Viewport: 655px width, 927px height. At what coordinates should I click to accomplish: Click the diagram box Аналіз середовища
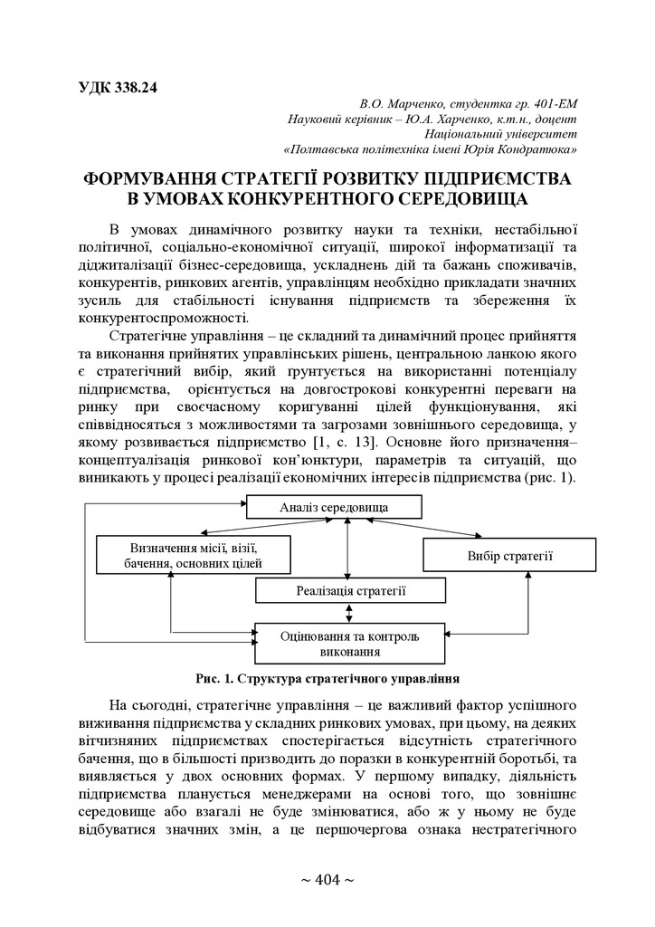pos(347,508)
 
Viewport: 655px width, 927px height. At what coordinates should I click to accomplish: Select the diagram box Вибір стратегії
pos(509,555)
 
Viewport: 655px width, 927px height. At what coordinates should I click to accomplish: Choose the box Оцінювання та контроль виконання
pos(349,643)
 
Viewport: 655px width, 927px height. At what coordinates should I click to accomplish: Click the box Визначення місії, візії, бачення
pos(194,555)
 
